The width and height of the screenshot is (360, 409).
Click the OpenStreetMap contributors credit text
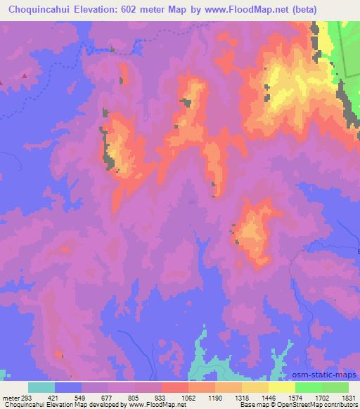coord(321,405)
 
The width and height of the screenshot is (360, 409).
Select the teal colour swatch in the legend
coord(41,387)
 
